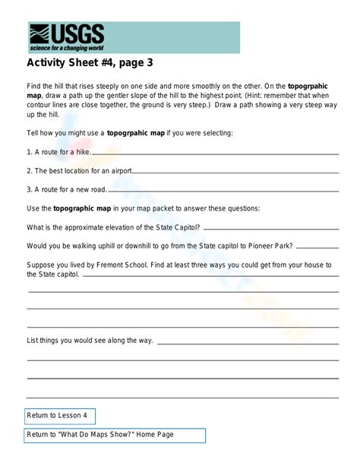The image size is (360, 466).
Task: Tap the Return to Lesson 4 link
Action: pyautogui.click(x=57, y=416)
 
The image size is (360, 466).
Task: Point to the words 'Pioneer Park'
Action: pyautogui.click(x=267, y=246)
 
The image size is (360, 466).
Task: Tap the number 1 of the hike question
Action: pyautogui.click(x=29, y=152)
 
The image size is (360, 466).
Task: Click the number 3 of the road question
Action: pyautogui.click(x=29, y=189)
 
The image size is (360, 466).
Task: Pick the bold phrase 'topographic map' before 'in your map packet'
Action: pyautogui.click(x=82, y=208)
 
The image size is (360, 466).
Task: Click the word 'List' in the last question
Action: pyautogui.click(x=33, y=340)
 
